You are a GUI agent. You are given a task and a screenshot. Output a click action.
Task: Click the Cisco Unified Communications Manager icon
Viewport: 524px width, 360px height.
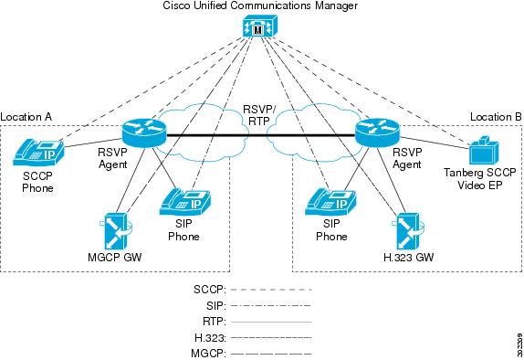point(259,26)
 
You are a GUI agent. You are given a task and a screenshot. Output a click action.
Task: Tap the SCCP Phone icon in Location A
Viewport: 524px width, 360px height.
point(38,153)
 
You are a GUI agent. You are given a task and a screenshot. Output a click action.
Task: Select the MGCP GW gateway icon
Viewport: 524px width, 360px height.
point(116,230)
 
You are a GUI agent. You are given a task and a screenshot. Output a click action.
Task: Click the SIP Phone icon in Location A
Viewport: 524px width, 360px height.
point(184,202)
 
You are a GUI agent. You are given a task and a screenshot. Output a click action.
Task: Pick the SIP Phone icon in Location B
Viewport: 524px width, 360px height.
point(330,202)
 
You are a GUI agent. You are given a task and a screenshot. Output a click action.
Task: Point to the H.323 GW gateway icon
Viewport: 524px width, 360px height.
point(408,232)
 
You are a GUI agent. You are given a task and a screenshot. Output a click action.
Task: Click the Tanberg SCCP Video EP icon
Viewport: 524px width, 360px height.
point(484,151)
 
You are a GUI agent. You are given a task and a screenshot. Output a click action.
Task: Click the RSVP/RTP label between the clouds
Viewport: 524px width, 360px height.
point(259,115)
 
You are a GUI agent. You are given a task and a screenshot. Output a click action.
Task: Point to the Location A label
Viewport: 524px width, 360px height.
point(26,117)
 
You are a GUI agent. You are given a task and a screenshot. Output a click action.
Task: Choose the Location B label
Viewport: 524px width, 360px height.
point(496,117)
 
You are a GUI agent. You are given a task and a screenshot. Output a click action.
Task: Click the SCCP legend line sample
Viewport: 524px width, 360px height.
point(271,290)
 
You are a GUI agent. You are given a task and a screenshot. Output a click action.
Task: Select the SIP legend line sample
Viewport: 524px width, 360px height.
point(271,306)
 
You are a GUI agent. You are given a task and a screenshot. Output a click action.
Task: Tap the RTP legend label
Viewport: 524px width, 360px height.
point(215,322)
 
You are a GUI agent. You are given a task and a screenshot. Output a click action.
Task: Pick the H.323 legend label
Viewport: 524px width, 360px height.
point(210,338)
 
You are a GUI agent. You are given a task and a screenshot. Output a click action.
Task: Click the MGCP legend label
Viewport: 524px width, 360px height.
point(208,354)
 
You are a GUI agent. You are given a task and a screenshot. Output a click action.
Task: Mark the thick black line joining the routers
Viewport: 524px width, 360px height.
point(261,135)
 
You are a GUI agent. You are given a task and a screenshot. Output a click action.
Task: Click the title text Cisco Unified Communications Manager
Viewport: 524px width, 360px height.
point(260,5)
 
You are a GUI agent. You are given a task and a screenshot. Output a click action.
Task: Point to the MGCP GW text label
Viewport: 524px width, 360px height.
point(115,258)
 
